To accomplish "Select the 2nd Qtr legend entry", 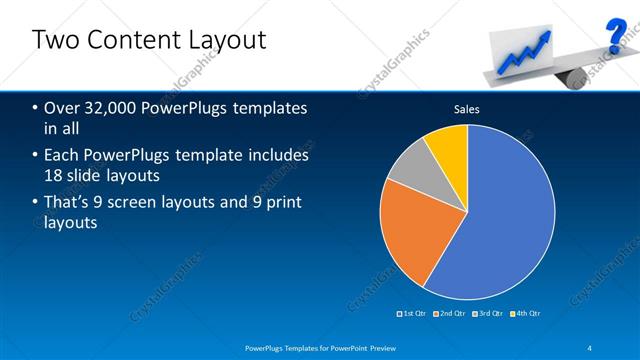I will (x=451, y=313).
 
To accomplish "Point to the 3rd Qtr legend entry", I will (x=489, y=313).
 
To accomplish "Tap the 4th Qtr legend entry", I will (x=526, y=313).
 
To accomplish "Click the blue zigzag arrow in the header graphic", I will (x=531, y=48).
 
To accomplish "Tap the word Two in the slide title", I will (x=54, y=40).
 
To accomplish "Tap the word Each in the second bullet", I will (x=62, y=156).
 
